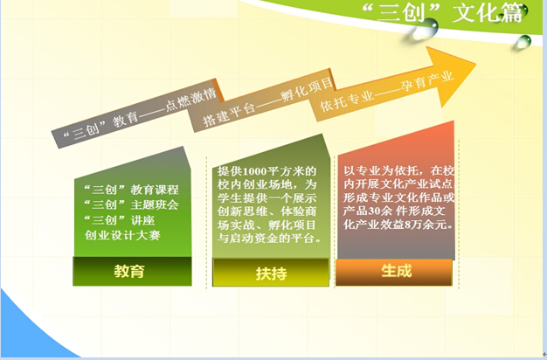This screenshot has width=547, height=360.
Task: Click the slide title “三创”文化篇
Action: pos(443,12)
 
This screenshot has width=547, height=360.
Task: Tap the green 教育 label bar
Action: pos(132,272)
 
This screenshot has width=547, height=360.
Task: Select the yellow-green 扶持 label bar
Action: pos(271,273)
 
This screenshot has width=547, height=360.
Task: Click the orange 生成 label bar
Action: pos(394,272)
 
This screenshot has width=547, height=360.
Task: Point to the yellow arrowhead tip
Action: pos(476,64)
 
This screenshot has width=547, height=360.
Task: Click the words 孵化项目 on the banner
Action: pos(307,89)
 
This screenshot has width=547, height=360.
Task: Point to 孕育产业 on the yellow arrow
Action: pos(427,80)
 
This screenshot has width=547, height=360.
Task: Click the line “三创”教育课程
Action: pos(131,190)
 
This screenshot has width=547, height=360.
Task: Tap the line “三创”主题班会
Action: pos(131,204)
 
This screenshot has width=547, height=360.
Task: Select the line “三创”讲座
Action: pos(120,220)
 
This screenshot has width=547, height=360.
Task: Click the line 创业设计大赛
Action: pos(122,235)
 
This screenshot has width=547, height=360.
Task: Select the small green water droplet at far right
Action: pos(523,42)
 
